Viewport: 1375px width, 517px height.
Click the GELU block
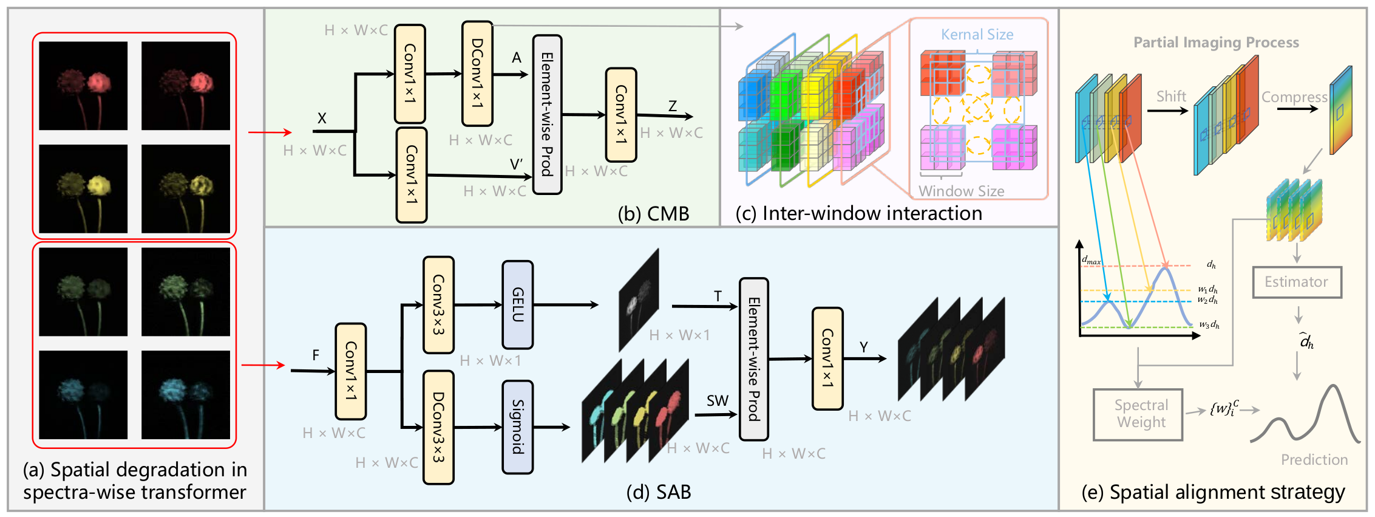[517, 305]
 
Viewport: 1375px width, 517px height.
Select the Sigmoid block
[517, 427]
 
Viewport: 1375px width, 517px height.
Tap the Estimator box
[1297, 282]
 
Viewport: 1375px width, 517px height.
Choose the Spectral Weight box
[1138, 414]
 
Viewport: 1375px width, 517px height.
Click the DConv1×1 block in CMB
[477, 74]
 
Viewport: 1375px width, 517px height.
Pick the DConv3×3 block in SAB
[438, 427]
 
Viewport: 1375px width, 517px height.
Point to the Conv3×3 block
[438, 305]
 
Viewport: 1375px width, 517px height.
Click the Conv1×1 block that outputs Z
[620, 115]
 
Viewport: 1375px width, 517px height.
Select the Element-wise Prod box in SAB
[753, 359]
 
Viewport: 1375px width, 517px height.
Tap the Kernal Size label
[977, 35]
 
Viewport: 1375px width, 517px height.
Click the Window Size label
[961, 191]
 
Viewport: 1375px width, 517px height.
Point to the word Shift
[1171, 97]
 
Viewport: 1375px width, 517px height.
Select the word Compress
[1294, 97]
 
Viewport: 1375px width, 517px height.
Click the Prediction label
[1314, 460]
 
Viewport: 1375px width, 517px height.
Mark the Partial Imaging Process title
[1216, 43]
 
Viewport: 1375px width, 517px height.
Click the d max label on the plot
[1091, 261]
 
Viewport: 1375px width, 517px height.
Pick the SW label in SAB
[717, 401]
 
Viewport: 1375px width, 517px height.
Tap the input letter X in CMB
[322, 118]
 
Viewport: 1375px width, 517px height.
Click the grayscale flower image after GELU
[639, 300]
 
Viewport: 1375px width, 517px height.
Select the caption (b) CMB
[653, 214]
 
